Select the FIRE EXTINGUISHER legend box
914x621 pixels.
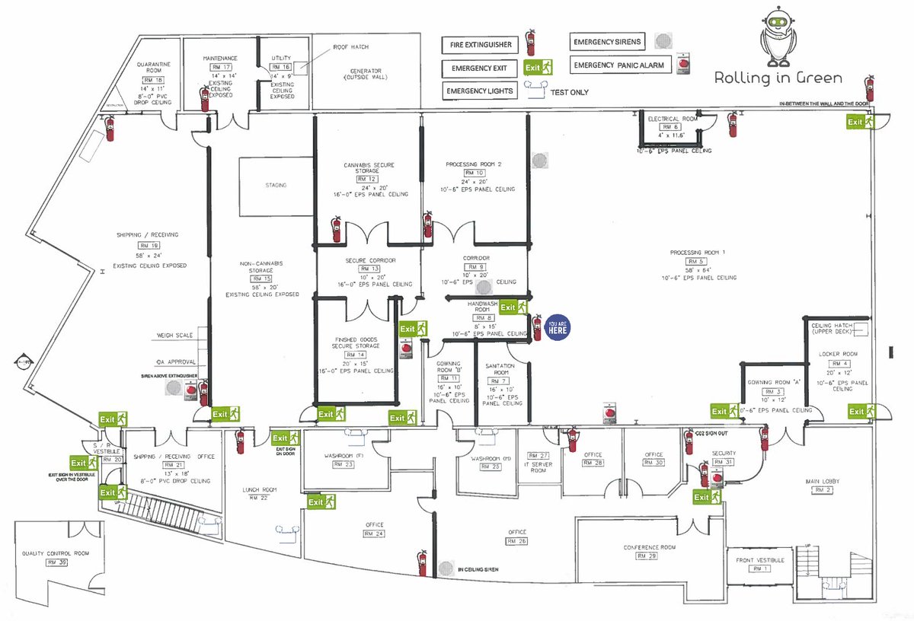[479, 45]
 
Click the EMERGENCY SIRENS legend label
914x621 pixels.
[607, 41]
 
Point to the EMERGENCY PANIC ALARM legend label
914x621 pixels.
[618, 65]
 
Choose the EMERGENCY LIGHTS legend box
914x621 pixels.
[479, 91]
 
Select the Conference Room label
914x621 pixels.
[650, 547]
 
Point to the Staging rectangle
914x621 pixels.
[275, 184]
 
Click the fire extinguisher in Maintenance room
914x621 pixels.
[204, 99]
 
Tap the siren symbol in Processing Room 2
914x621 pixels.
[539, 161]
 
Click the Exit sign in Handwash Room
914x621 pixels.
[513, 307]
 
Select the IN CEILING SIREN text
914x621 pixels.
[487, 568]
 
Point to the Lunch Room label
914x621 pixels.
[254, 489]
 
